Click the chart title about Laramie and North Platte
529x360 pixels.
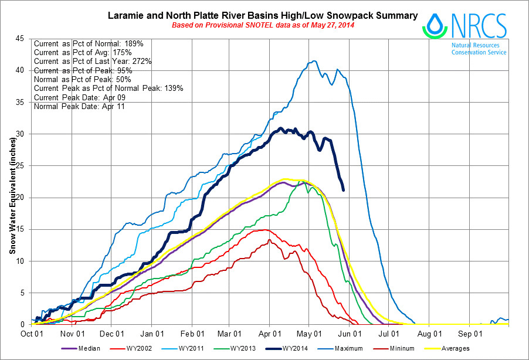[263, 15]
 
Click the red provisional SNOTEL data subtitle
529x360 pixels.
[263, 25]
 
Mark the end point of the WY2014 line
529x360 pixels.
[343, 189]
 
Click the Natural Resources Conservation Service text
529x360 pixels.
[479, 49]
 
